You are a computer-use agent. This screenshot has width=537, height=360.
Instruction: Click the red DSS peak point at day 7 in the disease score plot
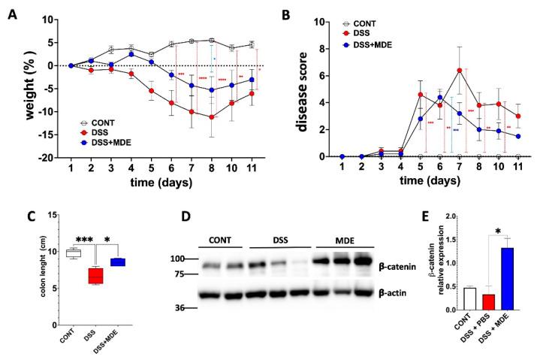(x=458, y=71)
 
